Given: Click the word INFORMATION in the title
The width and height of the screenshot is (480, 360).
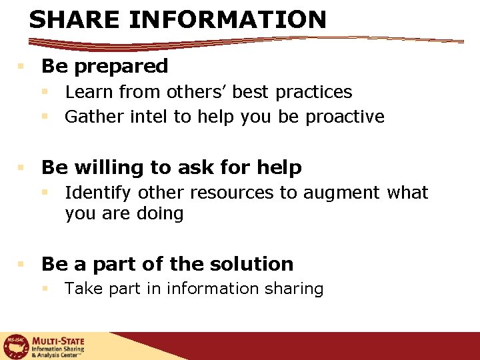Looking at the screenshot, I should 227,19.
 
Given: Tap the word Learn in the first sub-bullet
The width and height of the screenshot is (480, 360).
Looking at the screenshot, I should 88,91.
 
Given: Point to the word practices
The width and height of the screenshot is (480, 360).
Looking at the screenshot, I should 313,92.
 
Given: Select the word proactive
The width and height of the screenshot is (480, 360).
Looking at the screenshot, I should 345,117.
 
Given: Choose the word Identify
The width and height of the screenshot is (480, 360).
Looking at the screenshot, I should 97,193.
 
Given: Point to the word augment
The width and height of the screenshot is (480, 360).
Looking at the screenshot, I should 340,193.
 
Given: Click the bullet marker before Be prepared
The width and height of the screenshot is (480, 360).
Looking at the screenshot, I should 21,67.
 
